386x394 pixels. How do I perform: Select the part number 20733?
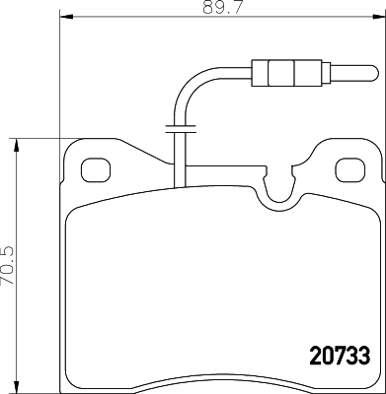click(x=327, y=350)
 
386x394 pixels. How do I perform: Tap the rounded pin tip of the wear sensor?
click(x=370, y=73)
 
